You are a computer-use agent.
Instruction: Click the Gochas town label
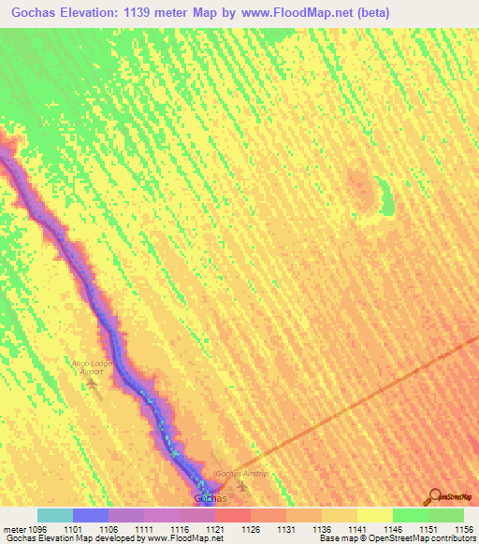pyautogui.click(x=210, y=499)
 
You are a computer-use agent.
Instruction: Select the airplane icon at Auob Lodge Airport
pyautogui.click(x=92, y=382)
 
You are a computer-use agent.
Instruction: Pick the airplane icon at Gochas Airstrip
pyautogui.click(x=243, y=485)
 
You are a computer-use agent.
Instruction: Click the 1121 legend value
pyautogui.click(x=215, y=528)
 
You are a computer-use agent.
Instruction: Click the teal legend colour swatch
pyautogui.click(x=55, y=515)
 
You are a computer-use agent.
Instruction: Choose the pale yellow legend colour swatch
pyautogui.click(x=374, y=515)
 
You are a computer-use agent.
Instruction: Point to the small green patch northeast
pyautogui.click(x=385, y=196)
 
